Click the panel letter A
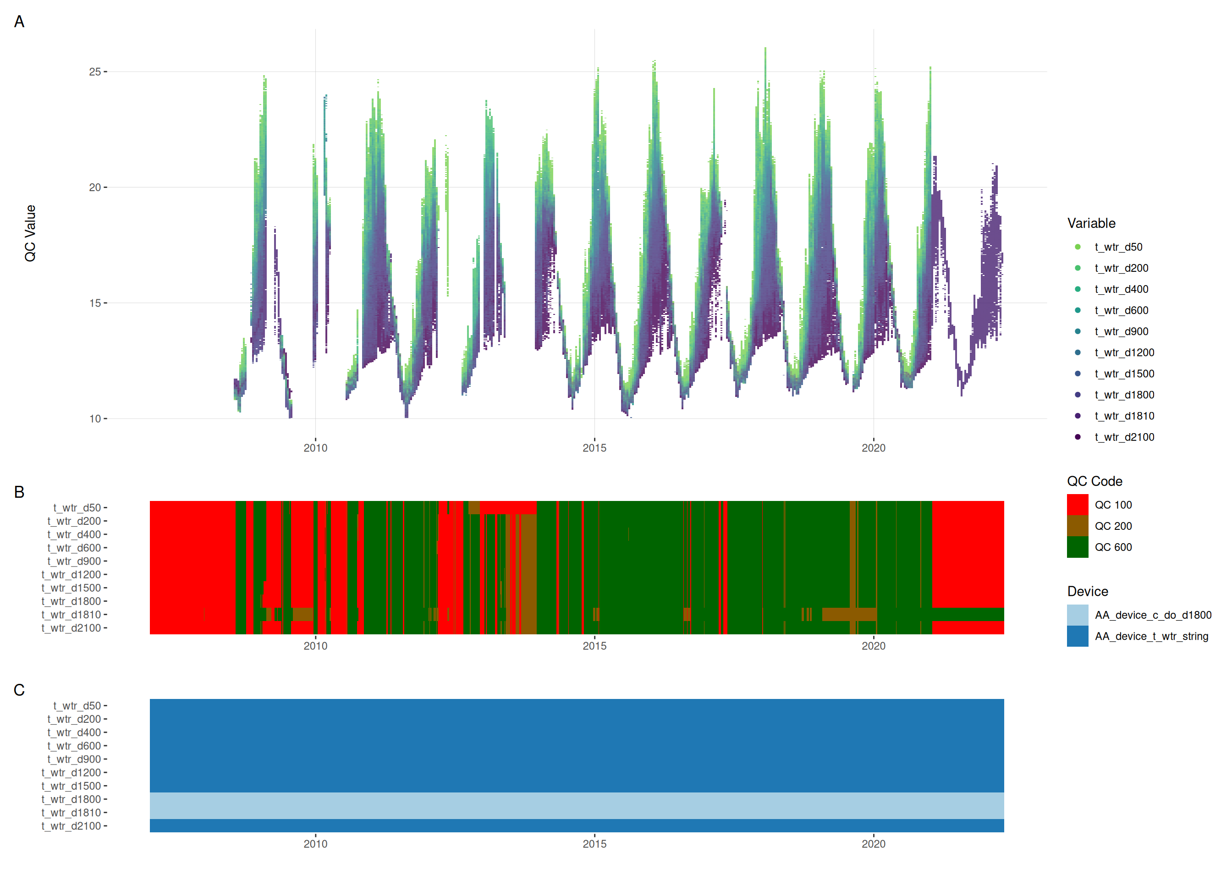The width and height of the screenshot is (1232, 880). click(19, 22)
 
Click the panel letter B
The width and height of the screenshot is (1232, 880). click(19, 492)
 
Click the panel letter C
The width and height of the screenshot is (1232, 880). click(19, 690)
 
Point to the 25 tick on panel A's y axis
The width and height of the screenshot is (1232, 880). click(95, 71)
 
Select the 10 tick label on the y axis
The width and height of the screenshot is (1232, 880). click(95, 418)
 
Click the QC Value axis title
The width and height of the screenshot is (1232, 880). click(30, 233)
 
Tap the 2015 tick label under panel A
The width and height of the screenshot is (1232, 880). click(594, 448)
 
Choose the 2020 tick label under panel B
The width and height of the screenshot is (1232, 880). click(873, 646)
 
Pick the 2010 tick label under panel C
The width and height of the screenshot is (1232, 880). click(315, 844)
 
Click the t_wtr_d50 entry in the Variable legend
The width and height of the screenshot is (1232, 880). click(1118, 247)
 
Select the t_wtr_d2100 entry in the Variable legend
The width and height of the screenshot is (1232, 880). click(1124, 437)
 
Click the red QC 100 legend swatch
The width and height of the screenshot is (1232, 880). click(1078, 505)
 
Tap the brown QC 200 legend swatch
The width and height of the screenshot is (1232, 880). click(1078, 526)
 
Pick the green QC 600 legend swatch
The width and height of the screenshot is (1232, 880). click(1078, 547)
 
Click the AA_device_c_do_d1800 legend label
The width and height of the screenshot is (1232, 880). click(1153, 615)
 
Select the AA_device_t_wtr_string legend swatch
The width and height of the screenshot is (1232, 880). click(1078, 636)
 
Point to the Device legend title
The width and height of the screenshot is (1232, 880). click(1087, 591)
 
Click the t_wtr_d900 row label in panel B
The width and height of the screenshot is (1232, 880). click(74, 561)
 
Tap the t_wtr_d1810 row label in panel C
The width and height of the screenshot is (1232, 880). click(71, 813)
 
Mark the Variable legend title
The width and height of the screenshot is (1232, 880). click(1091, 223)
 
